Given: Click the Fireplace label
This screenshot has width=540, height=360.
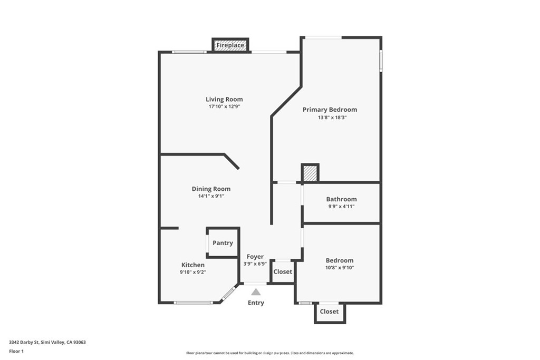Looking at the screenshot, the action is coord(230,45).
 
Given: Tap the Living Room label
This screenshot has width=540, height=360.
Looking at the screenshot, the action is coord(224,100).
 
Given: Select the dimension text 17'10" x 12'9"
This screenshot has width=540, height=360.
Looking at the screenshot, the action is coord(224,106).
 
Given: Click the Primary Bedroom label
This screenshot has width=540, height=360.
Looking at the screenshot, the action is coord(330,110).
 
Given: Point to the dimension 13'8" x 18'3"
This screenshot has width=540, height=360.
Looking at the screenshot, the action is coord(332,118).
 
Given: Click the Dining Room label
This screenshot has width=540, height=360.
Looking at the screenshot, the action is coord(211,189).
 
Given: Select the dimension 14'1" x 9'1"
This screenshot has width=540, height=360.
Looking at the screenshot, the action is coord(211,196).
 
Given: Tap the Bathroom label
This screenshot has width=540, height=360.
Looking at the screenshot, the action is coord(341,199).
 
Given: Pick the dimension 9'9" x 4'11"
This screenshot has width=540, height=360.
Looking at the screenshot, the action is coord(341,207).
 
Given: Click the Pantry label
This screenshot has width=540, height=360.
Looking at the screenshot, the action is coord(223,243).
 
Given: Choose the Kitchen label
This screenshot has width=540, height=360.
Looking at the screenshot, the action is coord(193,265).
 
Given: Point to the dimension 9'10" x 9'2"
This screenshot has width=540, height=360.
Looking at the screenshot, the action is coord(193,272).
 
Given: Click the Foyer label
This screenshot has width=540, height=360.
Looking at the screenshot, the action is coord(255,257).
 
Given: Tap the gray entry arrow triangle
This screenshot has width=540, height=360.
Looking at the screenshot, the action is coord(256,292).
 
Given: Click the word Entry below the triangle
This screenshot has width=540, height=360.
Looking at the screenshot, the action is coord(256,303).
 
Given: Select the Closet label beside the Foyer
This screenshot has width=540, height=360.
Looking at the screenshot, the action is coord(283,272).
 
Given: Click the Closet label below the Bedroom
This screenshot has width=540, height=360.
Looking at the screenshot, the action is coord(329,312).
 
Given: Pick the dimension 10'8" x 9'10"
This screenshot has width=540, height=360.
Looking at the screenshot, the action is coord(340,268).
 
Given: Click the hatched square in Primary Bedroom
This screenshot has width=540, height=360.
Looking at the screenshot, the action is coord(310,173).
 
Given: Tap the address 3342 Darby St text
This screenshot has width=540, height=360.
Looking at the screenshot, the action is coord(24,343).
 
